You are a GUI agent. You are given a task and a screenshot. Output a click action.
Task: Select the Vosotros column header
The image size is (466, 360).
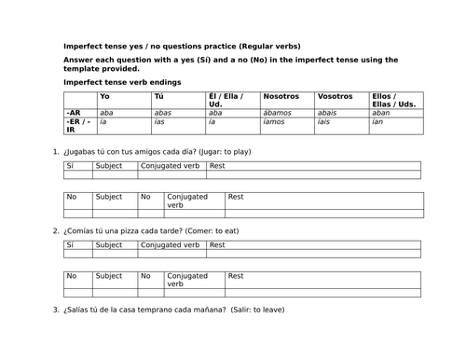tap(335, 97)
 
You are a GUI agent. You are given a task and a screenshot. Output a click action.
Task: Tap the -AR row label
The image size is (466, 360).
tap(74, 112)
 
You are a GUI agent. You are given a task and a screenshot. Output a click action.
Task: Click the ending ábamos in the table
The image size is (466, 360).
tap(279, 112)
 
